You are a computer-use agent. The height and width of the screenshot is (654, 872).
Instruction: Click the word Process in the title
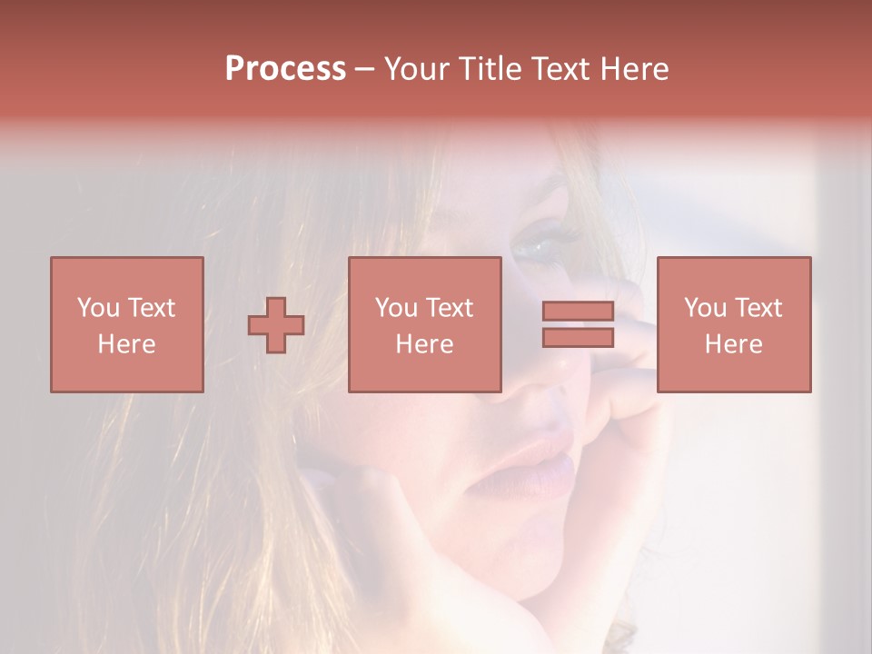tap(285, 69)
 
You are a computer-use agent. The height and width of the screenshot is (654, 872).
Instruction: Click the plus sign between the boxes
tap(276, 325)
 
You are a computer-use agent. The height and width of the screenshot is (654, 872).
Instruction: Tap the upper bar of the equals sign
tap(578, 312)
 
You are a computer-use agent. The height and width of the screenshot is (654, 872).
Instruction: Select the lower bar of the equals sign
tap(578, 338)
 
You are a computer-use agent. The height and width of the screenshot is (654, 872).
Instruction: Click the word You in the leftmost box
tap(97, 308)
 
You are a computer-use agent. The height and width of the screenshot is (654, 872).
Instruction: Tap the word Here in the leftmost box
tap(126, 344)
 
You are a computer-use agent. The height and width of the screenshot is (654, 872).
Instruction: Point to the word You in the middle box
tap(395, 308)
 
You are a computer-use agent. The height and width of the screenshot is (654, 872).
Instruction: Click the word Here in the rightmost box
tap(733, 344)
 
